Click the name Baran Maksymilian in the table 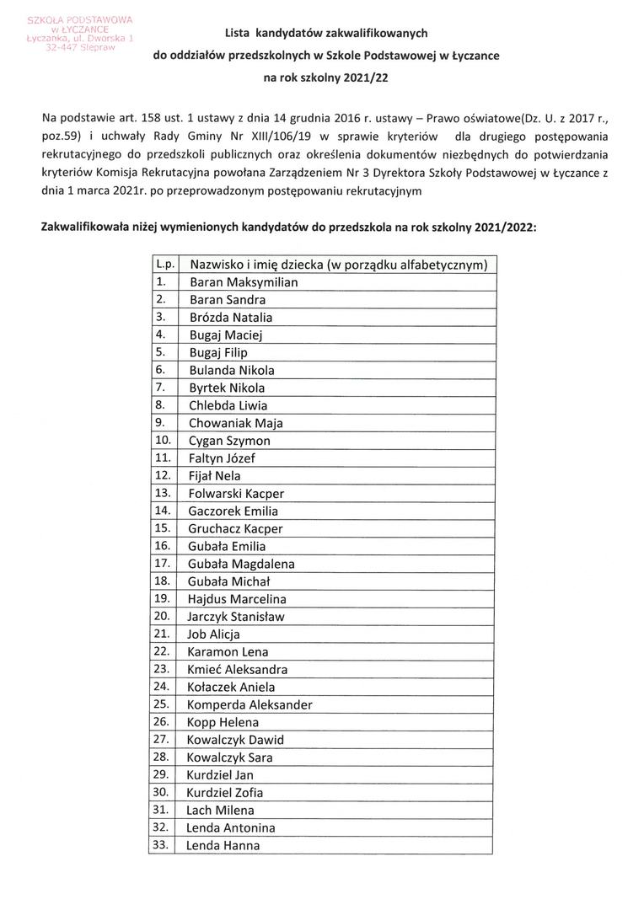pos(244,282)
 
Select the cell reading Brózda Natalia pos(231,318)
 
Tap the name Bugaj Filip pos(218,353)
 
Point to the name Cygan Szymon pos(229,441)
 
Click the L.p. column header pos(164,265)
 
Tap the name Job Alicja pos(214,634)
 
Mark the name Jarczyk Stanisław pos(237,617)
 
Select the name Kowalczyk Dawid pos(235,740)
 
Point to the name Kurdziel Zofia pos(225,792)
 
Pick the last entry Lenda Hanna pos(223,845)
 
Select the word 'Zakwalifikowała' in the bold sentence pos(83,227)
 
